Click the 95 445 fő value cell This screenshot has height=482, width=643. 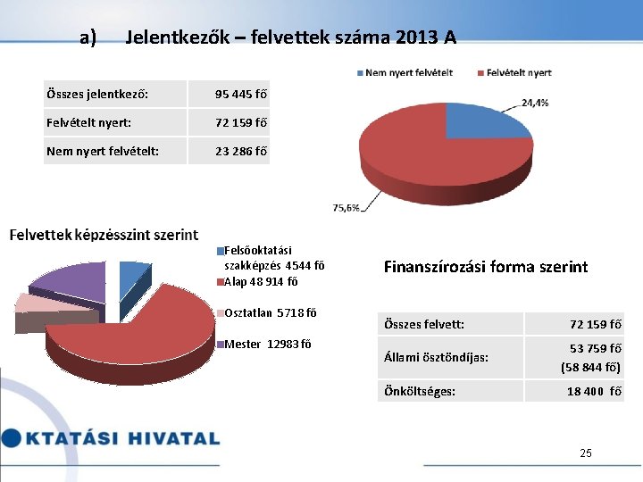pyautogui.click(x=241, y=94)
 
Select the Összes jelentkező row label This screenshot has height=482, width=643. pyautogui.click(x=97, y=94)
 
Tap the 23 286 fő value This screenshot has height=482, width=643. pyautogui.click(x=241, y=151)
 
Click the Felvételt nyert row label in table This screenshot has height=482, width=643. pyautogui.click(x=88, y=122)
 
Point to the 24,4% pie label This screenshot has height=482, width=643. pyautogui.click(x=535, y=103)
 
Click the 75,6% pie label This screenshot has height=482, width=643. pyautogui.click(x=347, y=207)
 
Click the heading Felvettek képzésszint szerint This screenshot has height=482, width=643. pyautogui.click(x=104, y=235)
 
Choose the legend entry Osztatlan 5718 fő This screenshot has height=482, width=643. pyautogui.click(x=267, y=312)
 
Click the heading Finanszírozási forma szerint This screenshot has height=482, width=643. pyautogui.click(x=485, y=266)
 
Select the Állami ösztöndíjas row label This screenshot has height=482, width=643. pyautogui.click(x=435, y=357)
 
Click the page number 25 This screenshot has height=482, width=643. pyautogui.click(x=585, y=453)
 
